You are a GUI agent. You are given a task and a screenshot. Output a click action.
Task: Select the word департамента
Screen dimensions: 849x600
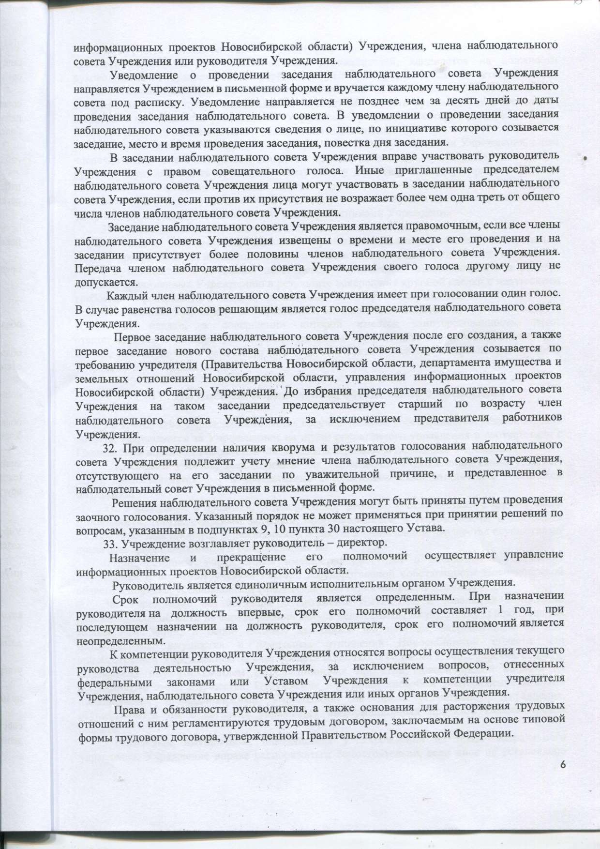[x=451, y=362]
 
